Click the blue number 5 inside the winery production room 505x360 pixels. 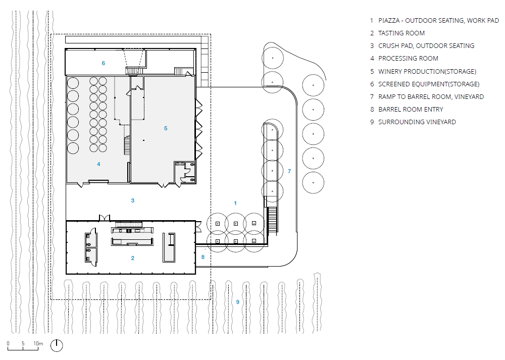[x=166, y=128]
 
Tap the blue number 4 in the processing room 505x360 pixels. [x=98, y=164]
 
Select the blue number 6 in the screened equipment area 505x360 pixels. [x=104, y=63]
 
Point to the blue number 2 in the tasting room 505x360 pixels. [x=132, y=258]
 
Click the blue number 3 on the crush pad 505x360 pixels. [x=132, y=200]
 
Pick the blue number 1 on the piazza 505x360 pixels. [x=235, y=203]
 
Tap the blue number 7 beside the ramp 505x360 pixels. [x=289, y=171]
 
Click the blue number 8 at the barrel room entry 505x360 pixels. [x=203, y=257]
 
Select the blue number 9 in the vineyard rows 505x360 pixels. [x=238, y=302]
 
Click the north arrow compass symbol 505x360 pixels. [x=57, y=345]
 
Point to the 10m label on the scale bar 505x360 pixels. [x=38, y=343]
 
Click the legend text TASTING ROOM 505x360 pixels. [x=401, y=33]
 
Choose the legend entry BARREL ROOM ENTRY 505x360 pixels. [x=411, y=110]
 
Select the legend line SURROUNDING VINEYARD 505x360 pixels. [x=417, y=122]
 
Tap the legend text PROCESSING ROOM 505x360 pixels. [x=408, y=59]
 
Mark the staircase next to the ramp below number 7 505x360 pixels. [x=273, y=220]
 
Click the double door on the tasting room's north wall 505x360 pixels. [x=105, y=218]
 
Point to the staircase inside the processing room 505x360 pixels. [x=127, y=145]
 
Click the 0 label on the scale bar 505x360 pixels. [x=8, y=343]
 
